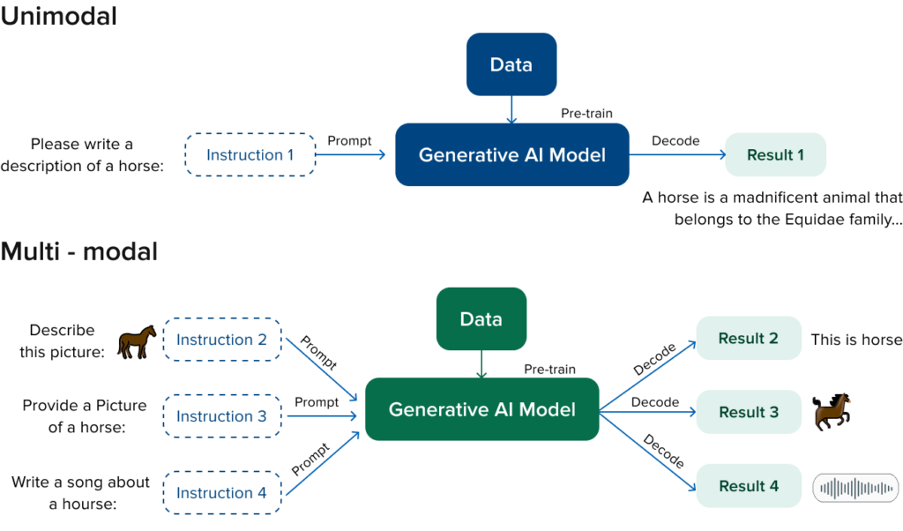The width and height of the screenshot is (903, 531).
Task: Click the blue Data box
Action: (511, 64)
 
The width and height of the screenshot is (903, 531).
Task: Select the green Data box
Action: (481, 318)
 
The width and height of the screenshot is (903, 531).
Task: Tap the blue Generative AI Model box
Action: (511, 155)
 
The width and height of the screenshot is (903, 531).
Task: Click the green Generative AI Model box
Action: (481, 409)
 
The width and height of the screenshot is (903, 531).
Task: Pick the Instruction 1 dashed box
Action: (250, 155)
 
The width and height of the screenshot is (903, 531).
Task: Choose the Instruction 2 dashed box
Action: (221, 340)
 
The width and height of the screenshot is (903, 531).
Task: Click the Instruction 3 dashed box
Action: (221, 416)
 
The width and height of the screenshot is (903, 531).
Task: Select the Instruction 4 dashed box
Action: (221, 493)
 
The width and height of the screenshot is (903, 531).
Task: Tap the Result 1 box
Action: (775, 155)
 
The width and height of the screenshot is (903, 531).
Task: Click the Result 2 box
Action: (748, 339)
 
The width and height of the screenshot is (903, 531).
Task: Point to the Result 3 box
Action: (748, 412)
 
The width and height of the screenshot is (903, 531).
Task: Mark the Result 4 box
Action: (748, 486)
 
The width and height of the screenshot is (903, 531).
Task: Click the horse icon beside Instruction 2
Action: (137, 341)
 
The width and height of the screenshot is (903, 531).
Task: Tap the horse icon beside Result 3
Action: (832, 411)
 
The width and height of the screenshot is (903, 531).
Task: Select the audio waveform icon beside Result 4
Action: (854, 488)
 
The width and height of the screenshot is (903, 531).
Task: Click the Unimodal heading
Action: (58, 16)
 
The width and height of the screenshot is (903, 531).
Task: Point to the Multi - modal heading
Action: (78, 251)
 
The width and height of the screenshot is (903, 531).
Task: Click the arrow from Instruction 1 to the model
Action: (350, 155)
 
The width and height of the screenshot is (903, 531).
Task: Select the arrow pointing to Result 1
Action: (676, 155)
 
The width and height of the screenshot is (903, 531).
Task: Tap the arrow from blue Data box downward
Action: (511, 109)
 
